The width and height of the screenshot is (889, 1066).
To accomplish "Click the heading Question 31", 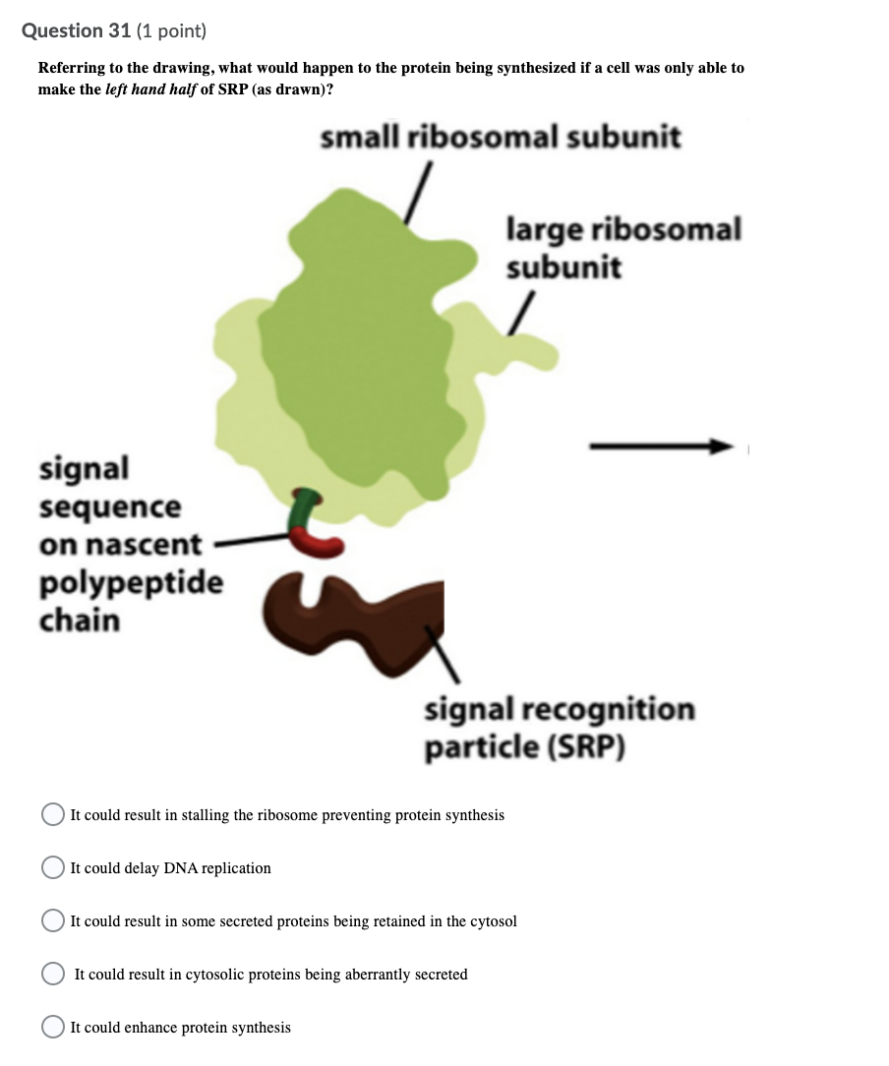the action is [x=76, y=31].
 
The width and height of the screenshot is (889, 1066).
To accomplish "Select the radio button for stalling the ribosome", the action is [x=53, y=814].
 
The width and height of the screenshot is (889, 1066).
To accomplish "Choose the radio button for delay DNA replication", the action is [x=53, y=867].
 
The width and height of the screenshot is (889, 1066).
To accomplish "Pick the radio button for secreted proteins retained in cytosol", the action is [x=53, y=920].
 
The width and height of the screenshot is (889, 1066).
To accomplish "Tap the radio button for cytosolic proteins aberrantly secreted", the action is [x=53, y=974].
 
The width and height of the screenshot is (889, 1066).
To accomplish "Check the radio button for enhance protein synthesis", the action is [x=53, y=1027].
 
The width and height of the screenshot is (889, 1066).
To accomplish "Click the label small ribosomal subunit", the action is [x=501, y=137].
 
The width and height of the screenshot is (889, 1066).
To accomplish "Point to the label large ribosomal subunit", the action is [x=623, y=248].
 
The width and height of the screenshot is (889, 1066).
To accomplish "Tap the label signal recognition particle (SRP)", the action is [x=560, y=728].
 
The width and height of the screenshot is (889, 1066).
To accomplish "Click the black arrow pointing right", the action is [x=661, y=446].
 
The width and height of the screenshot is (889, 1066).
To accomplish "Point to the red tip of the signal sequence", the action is [x=316, y=543].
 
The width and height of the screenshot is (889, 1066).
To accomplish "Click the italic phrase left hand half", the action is [x=150, y=89].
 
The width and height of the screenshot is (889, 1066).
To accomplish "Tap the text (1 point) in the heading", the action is [x=171, y=31].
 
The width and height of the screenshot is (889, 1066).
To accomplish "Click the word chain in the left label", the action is [x=80, y=620].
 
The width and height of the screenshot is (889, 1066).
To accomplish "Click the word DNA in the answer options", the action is [x=180, y=868].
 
